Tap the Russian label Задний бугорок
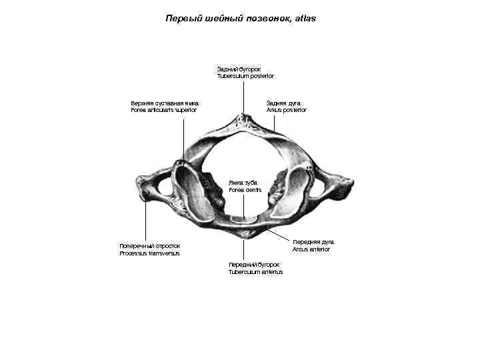click(x=239, y=69)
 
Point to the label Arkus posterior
click(x=287, y=110)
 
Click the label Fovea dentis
click(x=245, y=190)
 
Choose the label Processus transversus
click(x=149, y=253)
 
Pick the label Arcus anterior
click(x=311, y=249)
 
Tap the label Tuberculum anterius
click(x=255, y=272)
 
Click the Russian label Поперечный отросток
click(x=149, y=245)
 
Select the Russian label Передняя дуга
click(x=313, y=241)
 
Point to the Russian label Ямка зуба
click(x=242, y=182)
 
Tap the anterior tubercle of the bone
click(x=245, y=233)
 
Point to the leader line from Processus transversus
click(x=146, y=220)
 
